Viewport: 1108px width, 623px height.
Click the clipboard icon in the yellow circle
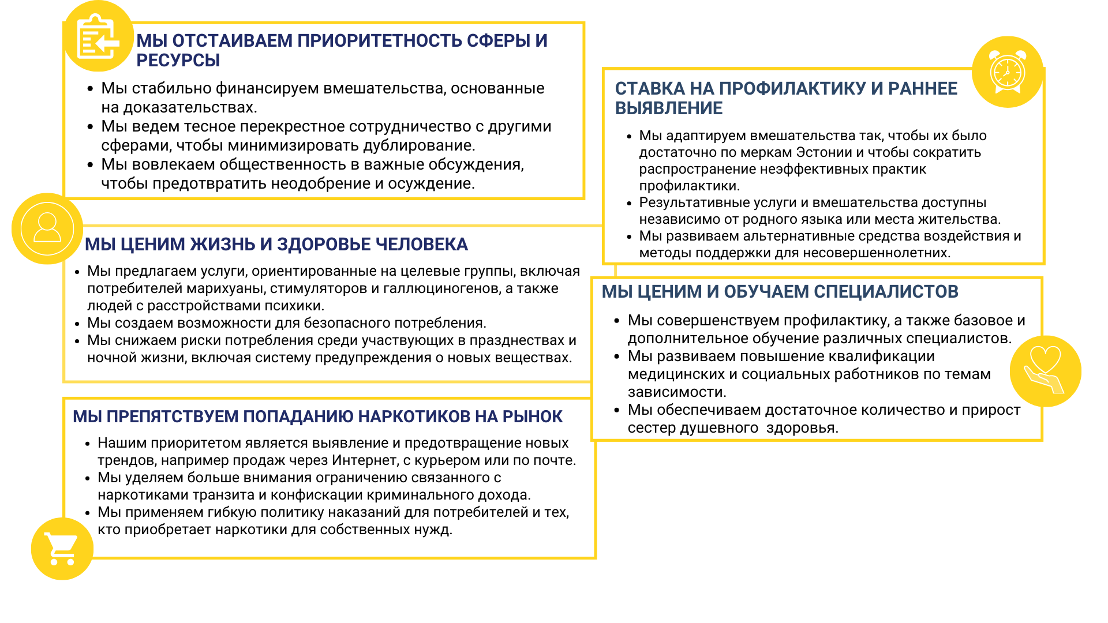(x=98, y=36)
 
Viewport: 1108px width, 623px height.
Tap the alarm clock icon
(x=1008, y=72)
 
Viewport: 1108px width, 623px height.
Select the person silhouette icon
(x=47, y=228)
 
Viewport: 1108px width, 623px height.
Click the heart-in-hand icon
(x=1045, y=370)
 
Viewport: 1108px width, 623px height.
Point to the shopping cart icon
(x=61, y=549)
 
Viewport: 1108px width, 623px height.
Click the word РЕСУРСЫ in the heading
(x=178, y=60)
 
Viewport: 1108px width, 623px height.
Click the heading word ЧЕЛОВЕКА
(x=422, y=245)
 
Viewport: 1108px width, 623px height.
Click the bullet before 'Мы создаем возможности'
(x=77, y=323)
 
